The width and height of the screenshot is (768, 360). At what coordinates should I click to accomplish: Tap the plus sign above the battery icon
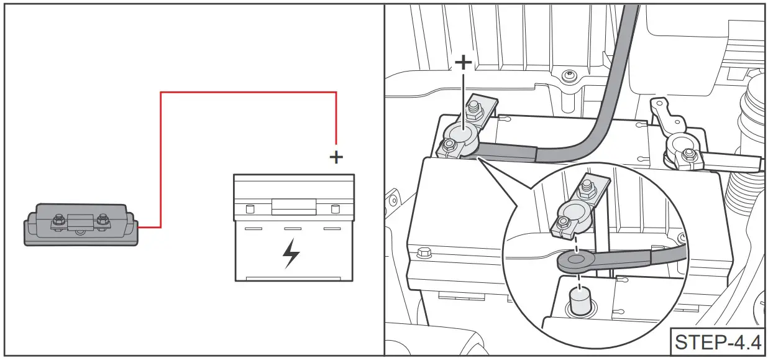click(336, 157)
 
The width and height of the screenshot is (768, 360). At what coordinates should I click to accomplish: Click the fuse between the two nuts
click(81, 220)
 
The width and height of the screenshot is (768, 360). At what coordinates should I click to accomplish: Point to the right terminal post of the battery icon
click(335, 208)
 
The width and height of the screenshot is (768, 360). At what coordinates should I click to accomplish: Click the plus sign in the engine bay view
click(463, 62)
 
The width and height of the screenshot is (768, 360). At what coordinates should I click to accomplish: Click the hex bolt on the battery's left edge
click(424, 253)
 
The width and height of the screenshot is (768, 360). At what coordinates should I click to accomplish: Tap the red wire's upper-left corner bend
click(161, 93)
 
